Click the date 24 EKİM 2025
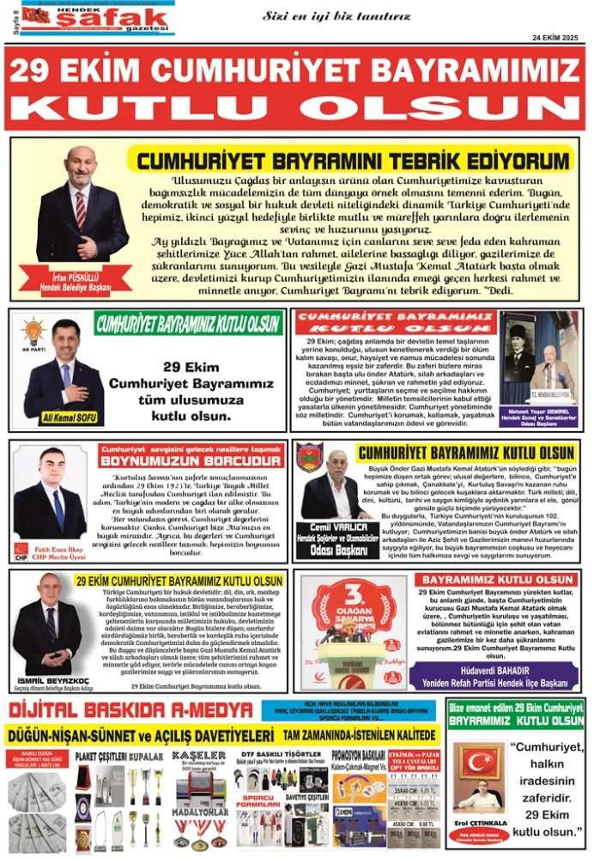(x=555, y=38)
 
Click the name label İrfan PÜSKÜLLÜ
(x=83, y=277)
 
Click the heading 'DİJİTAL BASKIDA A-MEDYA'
(x=129, y=710)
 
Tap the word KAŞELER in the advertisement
(x=199, y=756)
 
